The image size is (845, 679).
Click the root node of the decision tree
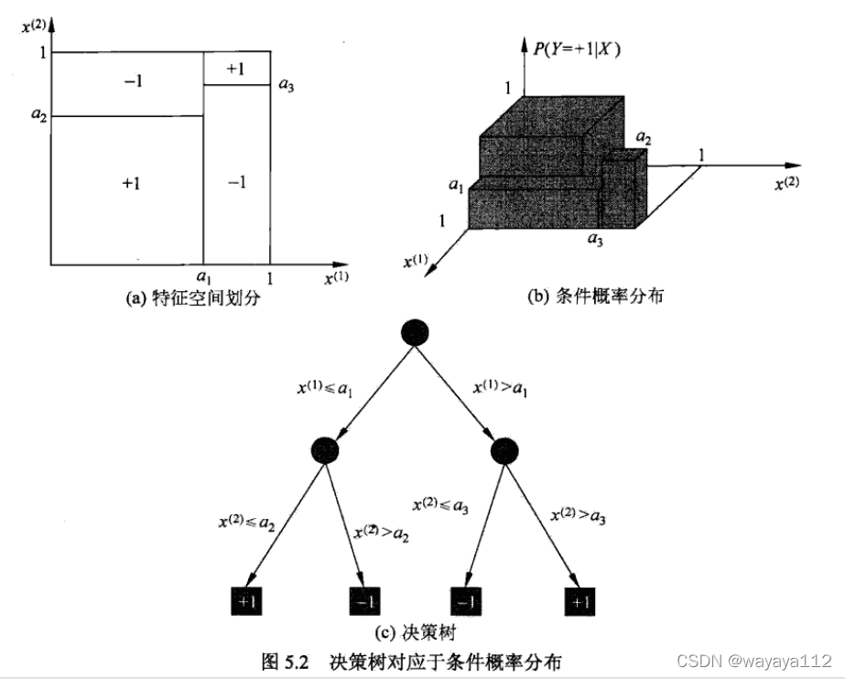[x=415, y=333]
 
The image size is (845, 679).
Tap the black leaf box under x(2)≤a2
[x=247, y=601]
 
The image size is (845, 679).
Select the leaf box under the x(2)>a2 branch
[x=363, y=601]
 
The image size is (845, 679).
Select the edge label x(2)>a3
[x=578, y=516]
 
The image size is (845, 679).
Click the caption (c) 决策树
[x=414, y=632]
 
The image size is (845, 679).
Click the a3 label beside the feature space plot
[x=287, y=84]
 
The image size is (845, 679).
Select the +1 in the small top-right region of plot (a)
[x=234, y=69]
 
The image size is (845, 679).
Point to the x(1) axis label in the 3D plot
[x=417, y=263]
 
